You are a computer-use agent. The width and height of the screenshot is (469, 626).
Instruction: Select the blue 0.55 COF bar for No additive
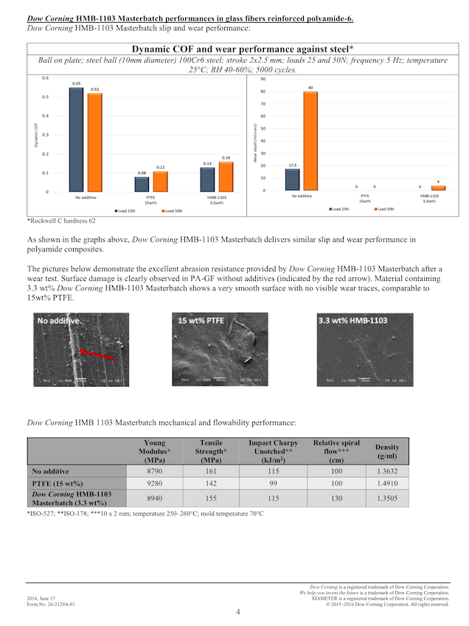(x=75, y=139)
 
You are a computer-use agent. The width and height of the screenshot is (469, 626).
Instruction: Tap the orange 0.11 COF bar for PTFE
(x=160, y=181)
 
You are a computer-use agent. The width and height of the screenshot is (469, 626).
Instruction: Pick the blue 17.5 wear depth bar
(x=291, y=179)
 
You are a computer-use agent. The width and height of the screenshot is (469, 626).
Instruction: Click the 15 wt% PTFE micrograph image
(x=220, y=349)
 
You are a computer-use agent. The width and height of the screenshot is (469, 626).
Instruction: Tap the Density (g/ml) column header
(x=387, y=451)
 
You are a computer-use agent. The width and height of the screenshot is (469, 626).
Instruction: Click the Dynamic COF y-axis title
(x=35, y=136)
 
